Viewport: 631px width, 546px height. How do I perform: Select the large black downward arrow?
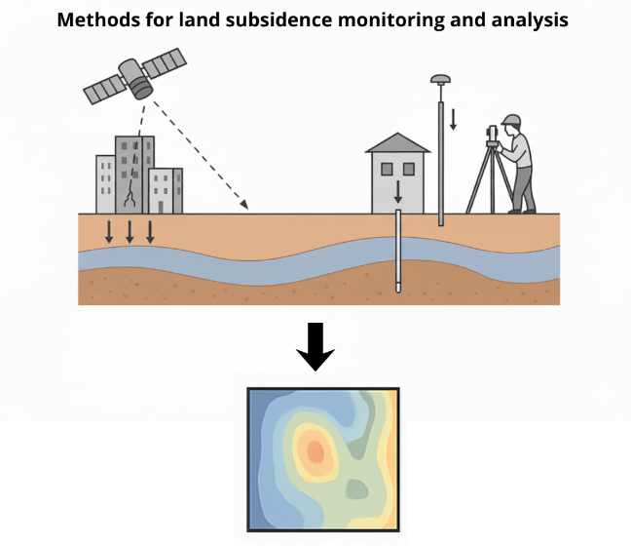click(315, 347)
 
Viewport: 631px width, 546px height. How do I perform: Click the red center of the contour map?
click(315, 450)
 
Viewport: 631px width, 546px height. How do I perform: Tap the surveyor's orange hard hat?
click(512, 121)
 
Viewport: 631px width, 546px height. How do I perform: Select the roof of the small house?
click(397, 143)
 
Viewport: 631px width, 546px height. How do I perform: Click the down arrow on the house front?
click(397, 190)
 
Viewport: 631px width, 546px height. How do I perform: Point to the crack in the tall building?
click(130, 195)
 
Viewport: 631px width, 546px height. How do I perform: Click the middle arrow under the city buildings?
click(130, 232)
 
